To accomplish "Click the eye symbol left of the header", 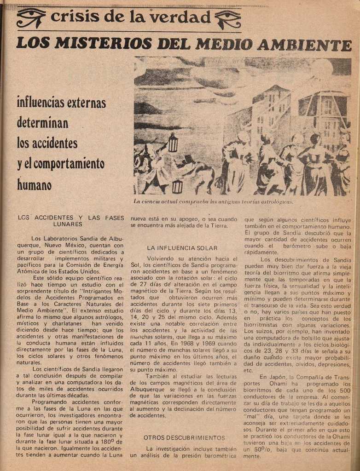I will (x=31, y=18).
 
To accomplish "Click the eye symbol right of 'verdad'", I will (x=227, y=19).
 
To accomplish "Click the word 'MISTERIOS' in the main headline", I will (x=103, y=44).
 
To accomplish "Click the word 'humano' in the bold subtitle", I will (x=35, y=184).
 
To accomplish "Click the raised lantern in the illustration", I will (x=173, y=143).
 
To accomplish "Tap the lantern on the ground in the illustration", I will (x=177, y=186).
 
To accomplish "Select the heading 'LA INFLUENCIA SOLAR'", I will (x=182, y=248).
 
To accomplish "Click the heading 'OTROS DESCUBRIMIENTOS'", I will (x=184, y=437).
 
